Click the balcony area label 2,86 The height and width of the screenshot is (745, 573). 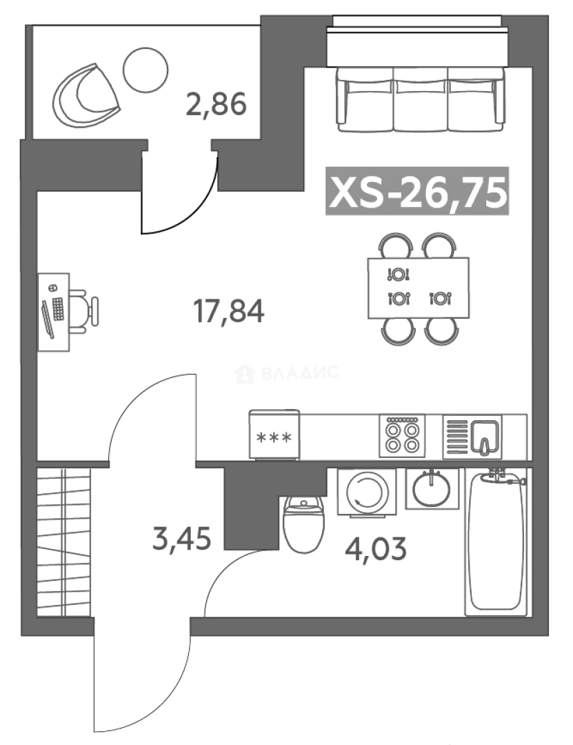pyautogui.click(x=217, y=105)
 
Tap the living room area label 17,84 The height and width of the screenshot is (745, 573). pyautogui.click(x=228, y=311)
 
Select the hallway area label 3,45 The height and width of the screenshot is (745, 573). pyautogui.click(x=181, y=539)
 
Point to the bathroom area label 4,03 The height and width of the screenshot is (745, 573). pyautogui.click(x=376, y=548)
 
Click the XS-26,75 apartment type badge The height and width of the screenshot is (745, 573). pyautogui.click(x=417, y=191)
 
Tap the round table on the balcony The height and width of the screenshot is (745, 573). pyautogui.click(x=145, y=70)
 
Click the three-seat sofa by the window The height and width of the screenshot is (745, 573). pyautogui.click(x=420, y=99)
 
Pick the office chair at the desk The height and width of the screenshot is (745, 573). pyautogui.click(x=85, y=311)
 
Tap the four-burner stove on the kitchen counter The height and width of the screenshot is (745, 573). pyautogui.click(x=402, y=436)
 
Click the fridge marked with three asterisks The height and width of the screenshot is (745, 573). pyautogui.click(x=274, y=435)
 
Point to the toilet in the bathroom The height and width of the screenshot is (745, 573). pyautogui.click(x=304, y=524)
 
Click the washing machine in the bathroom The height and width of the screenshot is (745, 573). pyautogui.click(x=367, y=492)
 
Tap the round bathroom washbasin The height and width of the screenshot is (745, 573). pyautogui.click(x=432, y=489)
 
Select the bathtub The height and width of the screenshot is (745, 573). pyautogui.click(x=496, y=543)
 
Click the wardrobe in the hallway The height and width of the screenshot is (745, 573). pyautogui.click(x=63, y=543)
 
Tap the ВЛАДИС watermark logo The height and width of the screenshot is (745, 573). pyautogui.click(x=287, y=373)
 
